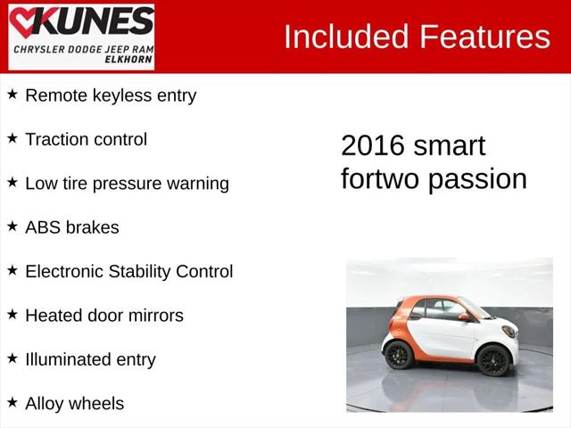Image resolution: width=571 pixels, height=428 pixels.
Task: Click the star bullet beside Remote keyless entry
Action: point(12,95)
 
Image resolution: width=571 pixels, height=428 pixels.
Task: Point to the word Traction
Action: point(58,139)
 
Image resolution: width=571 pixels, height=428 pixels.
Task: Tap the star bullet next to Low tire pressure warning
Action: point(12,182)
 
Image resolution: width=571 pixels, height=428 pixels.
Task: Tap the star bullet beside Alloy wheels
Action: point(12,402)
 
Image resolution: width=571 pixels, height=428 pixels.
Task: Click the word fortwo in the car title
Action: point(380,178)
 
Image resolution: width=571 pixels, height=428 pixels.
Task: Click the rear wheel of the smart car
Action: point(399,355)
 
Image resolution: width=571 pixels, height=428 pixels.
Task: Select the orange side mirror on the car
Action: point(464,317)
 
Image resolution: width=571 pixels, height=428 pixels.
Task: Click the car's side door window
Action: point(443,310)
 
